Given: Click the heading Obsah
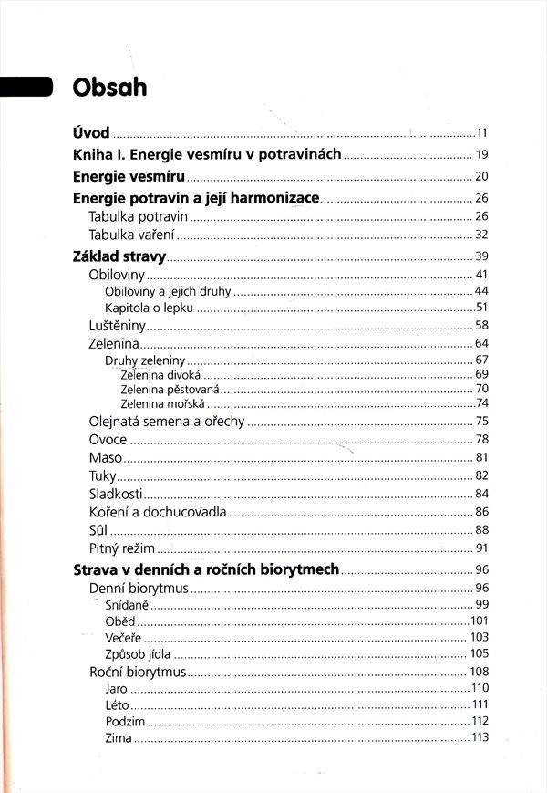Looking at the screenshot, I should [x=109, y=88].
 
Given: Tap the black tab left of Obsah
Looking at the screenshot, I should [x=26, y=87].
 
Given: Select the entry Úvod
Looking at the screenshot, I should [x=90, y=131].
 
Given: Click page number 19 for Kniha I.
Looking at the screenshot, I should [x=482, y=154].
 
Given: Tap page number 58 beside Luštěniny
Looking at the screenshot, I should [x=482, y=325].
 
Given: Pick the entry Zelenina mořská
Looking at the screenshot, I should [x=161, y=403].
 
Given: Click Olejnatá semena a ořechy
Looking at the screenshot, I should [x=167, y=421].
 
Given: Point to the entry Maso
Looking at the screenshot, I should [x=105, y=457].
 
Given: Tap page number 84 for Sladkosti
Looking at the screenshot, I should [x=482, y=494].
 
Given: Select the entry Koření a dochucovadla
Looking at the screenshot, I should [x=157, y=512].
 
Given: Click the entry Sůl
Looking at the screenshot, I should [x=98, y=530].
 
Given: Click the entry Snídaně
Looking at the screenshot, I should [x=127, y=605].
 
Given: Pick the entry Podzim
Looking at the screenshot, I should [x=125, y=722].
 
